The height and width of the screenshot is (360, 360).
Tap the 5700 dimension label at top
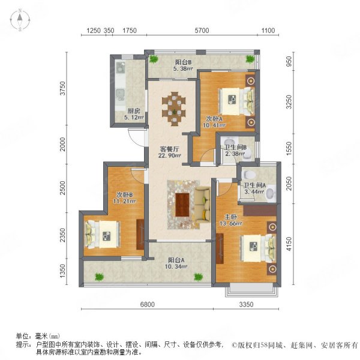[x=202, y=31]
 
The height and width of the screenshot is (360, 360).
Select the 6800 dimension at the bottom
[x=148, y=305]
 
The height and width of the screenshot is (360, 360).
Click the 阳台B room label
[x=183, y=62]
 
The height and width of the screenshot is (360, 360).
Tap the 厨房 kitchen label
[x=134, y=110]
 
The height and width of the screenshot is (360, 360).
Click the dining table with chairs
[x=173, y=107]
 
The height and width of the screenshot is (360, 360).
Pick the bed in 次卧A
[x=230, y=97]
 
